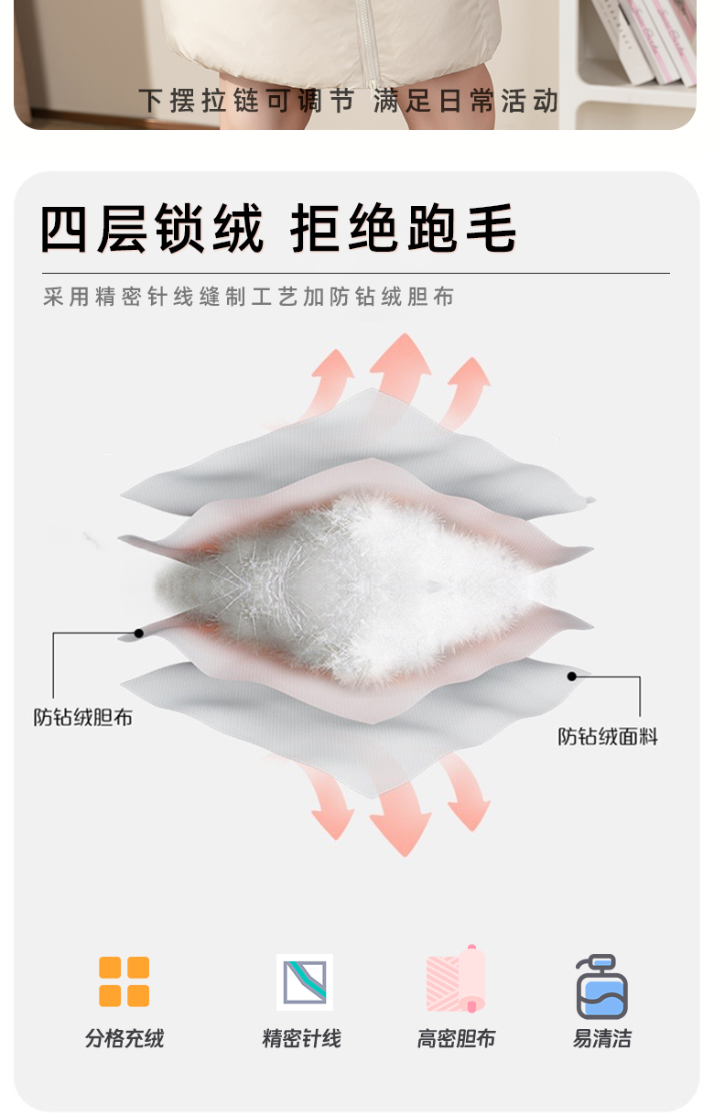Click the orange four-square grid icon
pyautogui.click(x=124, y=981)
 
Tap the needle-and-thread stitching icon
pyautogui.click(x=305, y=981)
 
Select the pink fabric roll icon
pyautogui.click(x=456, y=980)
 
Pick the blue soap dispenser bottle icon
pyautogui.click(x=601, y=986)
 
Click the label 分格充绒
pyautogui.click(x=124, y=1039)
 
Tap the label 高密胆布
pyautogui.click(x=456, y=1039)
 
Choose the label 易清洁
pyautogui.click(x=601, y=1039)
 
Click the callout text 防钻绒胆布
pyautogui.click(x=83, y=718)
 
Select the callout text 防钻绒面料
pyautogui.click(x=608, y=736)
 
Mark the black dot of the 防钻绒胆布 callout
pyautogui.click(x=139, y=633)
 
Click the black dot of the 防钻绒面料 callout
pyautogui.click(x=572, y=677)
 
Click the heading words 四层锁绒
pyautogui.click(x=153, y=228)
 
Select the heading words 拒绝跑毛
pyautogui.click(x=403, y=228)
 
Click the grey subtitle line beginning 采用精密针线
pyautogui.click(x=248, y=298)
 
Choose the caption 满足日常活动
pyautogui.click(x=465, y=102)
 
